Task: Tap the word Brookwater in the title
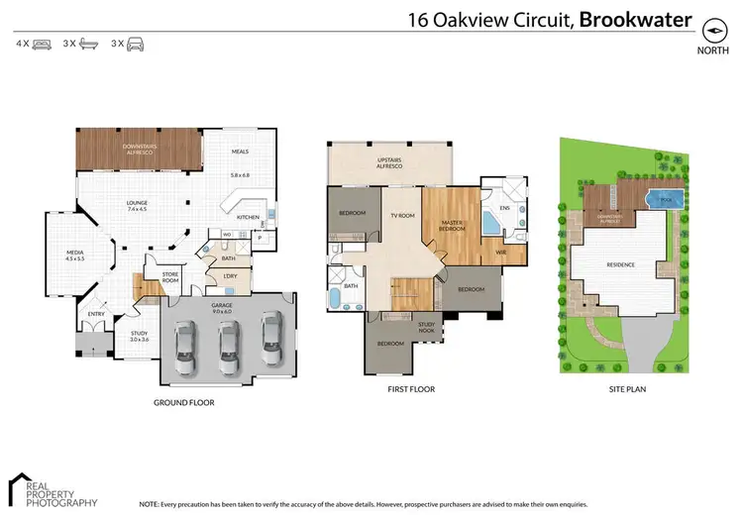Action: [635, 20]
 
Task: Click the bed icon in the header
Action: [42, 45]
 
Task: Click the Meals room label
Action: [239, 152]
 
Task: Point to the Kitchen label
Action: [248, 217]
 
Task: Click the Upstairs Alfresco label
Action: [386, 164]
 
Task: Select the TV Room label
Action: [401, 215]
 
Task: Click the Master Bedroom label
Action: [452, 225]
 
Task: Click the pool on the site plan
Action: [659, 198]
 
